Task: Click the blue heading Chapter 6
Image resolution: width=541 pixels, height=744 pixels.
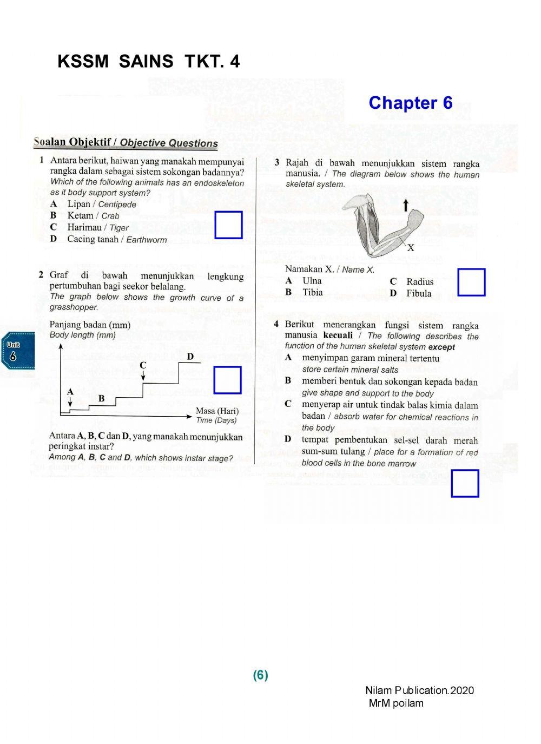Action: (x=410, y=103)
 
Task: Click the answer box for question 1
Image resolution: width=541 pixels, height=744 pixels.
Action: (x=228, y=225)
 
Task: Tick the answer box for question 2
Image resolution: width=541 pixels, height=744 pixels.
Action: (x=227, y=380)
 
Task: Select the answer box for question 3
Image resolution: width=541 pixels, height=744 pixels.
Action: (x=471, y=282)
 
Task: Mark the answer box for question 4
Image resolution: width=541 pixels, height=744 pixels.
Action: (x=465, y=483)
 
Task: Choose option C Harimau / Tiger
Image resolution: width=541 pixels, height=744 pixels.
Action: (x=97, y=228)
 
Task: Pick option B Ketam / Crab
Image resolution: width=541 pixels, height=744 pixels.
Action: (x=93, y=215)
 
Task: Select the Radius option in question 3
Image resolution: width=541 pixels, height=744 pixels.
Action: (x=419, y=281)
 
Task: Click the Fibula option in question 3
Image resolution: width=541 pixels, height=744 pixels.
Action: (x=419, y=293)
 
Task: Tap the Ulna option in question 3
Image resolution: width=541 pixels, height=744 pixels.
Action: (x=312, y=281)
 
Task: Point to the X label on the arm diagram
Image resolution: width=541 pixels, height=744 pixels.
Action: (x=411, y=248)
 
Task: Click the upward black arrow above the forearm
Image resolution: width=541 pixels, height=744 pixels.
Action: (x=406, y=205)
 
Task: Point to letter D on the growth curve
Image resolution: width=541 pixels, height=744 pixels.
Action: (x=190, y=357)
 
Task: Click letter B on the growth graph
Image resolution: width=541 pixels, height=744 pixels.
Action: (x=101, y=399)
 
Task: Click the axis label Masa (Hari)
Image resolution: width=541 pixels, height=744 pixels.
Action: (x=217, y=411)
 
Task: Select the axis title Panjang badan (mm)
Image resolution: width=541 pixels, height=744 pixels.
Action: (x=90, y=325)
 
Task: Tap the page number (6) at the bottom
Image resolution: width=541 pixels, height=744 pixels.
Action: (x=260, y=675)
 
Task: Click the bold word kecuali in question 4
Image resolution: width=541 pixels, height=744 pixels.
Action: (x=338, y=335)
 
